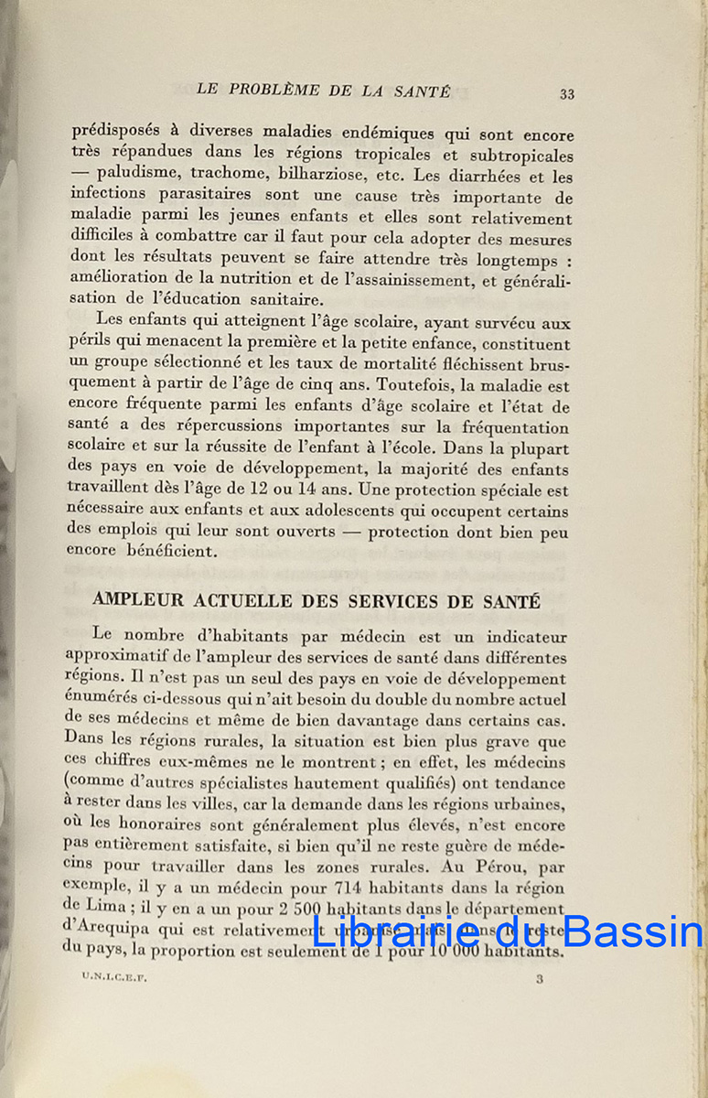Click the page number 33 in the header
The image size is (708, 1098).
[x=566, y=94]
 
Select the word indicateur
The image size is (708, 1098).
[x=526, y=637]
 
